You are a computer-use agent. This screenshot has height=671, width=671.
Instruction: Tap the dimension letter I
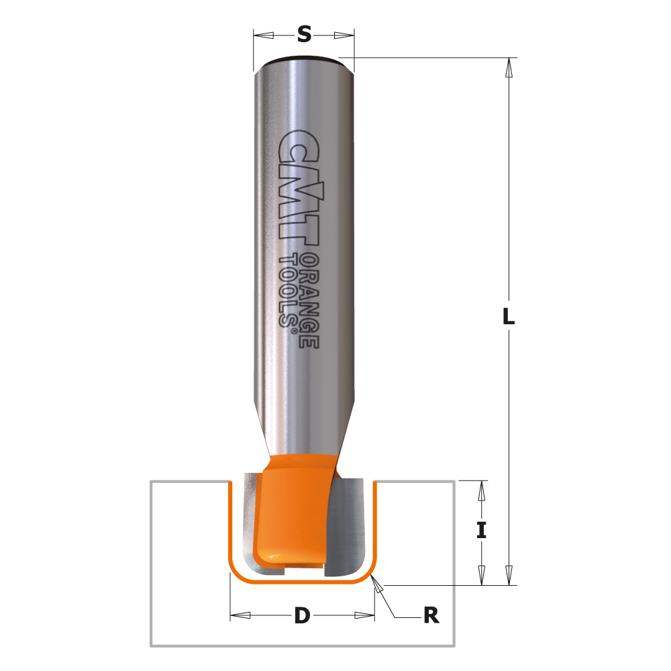481,531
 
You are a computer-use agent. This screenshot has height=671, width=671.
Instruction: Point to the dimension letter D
303,615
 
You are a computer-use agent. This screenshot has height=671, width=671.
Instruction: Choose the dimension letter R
431,615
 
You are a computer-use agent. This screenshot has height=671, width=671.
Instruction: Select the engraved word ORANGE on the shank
309,301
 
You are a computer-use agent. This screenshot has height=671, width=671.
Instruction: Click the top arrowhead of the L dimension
509,68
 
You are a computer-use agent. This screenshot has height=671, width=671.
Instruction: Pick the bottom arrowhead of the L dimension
509,575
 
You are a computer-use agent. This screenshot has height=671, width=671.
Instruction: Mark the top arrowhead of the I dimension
481,492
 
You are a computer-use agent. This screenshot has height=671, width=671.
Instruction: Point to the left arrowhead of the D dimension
240,615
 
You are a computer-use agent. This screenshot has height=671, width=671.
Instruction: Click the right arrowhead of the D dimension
364,615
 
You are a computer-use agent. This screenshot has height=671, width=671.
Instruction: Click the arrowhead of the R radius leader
378,588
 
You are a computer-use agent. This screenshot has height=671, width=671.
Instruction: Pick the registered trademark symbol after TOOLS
291,322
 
